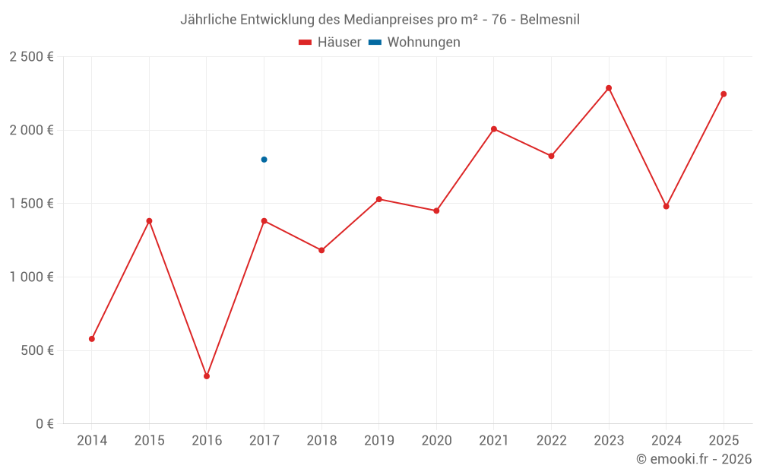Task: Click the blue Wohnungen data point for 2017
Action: click(x=264, y=160)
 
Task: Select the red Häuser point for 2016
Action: click(x=207, y=376)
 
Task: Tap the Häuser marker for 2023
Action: click(x=609, y=88)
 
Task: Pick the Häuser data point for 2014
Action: click(x=92, y=339)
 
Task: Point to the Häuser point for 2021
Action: click(x=494, y=129)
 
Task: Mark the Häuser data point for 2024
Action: click(x=667, y=206)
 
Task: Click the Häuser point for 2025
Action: click(x=724, y=94)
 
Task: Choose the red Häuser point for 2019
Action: click(x=379, y=199)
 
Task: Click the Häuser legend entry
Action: click(x=330, y=43)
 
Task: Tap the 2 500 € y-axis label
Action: click(x=31, y=57)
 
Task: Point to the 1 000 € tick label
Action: click(x=31, y=277)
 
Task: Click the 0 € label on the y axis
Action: click(x=43, y=424)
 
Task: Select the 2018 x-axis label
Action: click(x=321, y=441)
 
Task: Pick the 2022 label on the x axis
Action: click(x=551, y=441)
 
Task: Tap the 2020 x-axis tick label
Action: click(x=436, y=441)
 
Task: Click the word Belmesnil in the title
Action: click(x=549, y=20)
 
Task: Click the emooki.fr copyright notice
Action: click(x=694, y=459)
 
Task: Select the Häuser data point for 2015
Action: click(x=150, y=221)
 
